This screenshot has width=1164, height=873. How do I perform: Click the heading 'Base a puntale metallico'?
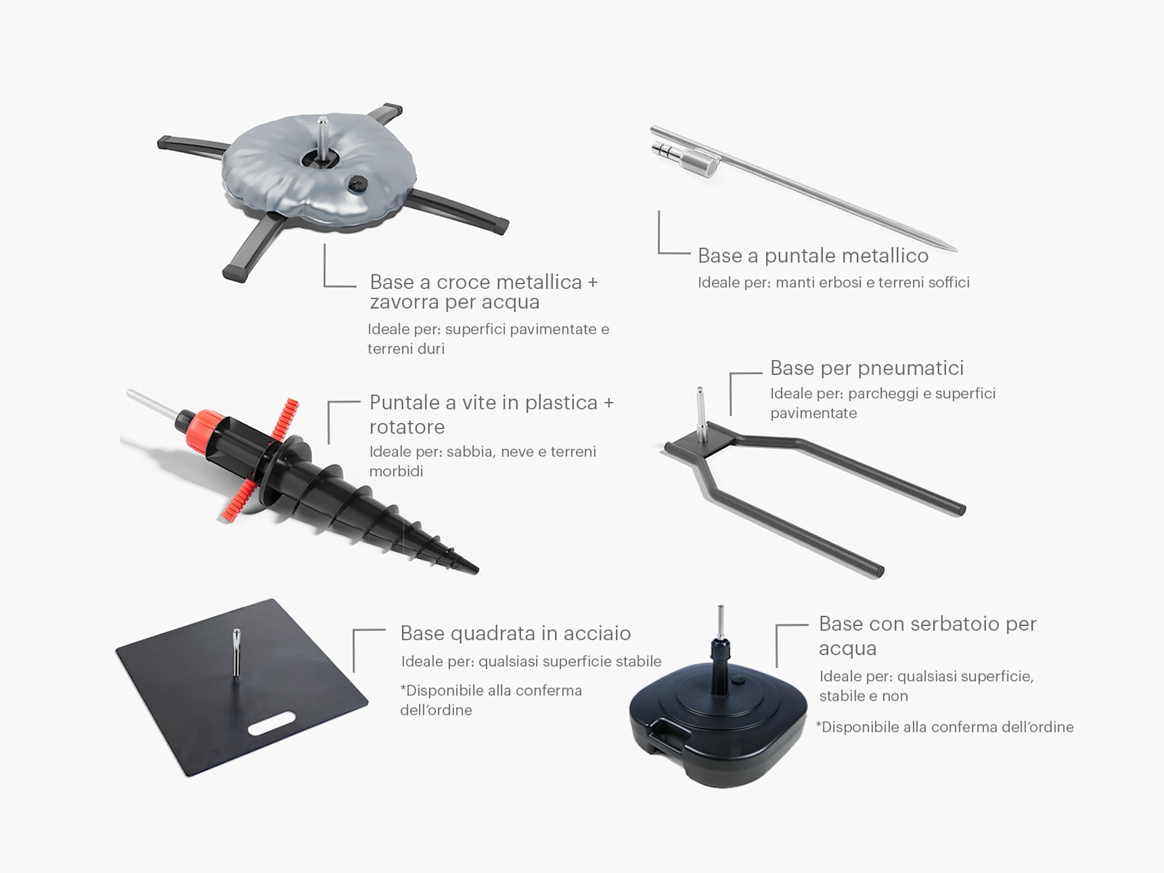[813, 256]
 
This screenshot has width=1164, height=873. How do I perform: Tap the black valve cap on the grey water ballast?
[354, 184]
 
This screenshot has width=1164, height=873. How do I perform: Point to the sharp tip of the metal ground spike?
[955, 250]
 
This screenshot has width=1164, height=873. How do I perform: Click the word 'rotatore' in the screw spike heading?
[407, 427]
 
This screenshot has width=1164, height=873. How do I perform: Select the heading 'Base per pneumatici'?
[866, 368]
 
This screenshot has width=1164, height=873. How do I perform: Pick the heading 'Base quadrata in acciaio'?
[516, 633]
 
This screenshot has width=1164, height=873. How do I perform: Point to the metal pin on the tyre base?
[701, 413]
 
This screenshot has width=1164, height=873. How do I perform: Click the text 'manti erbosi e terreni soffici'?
[872, 282]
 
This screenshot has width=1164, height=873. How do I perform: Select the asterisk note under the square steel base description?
[491, 700]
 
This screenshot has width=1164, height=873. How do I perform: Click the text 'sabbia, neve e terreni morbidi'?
[482, 461]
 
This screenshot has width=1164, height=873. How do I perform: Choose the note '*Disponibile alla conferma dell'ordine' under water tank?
[944, 727]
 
